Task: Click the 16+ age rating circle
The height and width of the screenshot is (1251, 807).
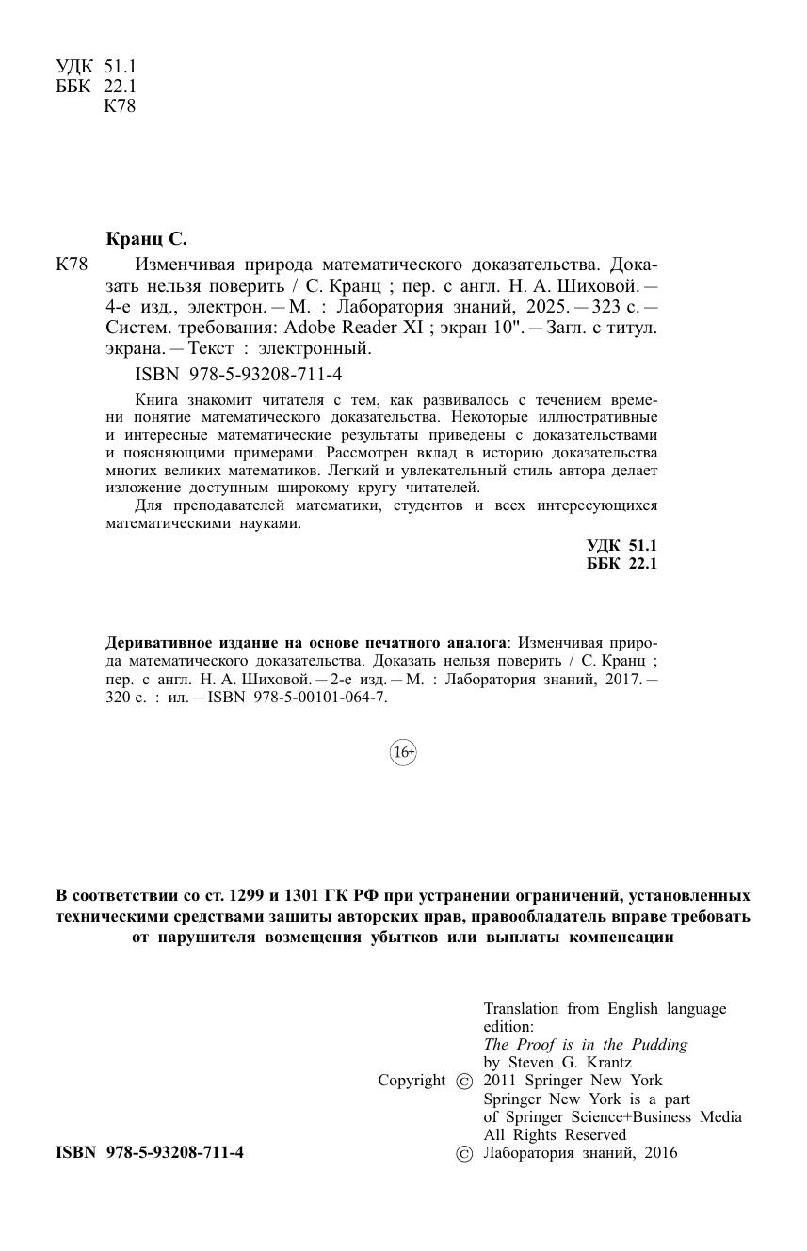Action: pos(403,752)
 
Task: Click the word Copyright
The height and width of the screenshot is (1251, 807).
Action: pos(412,1081)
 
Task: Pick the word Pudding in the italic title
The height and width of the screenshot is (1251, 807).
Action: pos(659,1044)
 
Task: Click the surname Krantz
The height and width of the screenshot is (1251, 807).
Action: pos(605,1063)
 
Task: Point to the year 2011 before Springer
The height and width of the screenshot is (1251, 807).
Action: pos(501,1081)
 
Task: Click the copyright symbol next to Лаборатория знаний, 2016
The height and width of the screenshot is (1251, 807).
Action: pos(463,1154)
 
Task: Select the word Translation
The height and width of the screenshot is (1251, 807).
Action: pos(522,1008)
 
